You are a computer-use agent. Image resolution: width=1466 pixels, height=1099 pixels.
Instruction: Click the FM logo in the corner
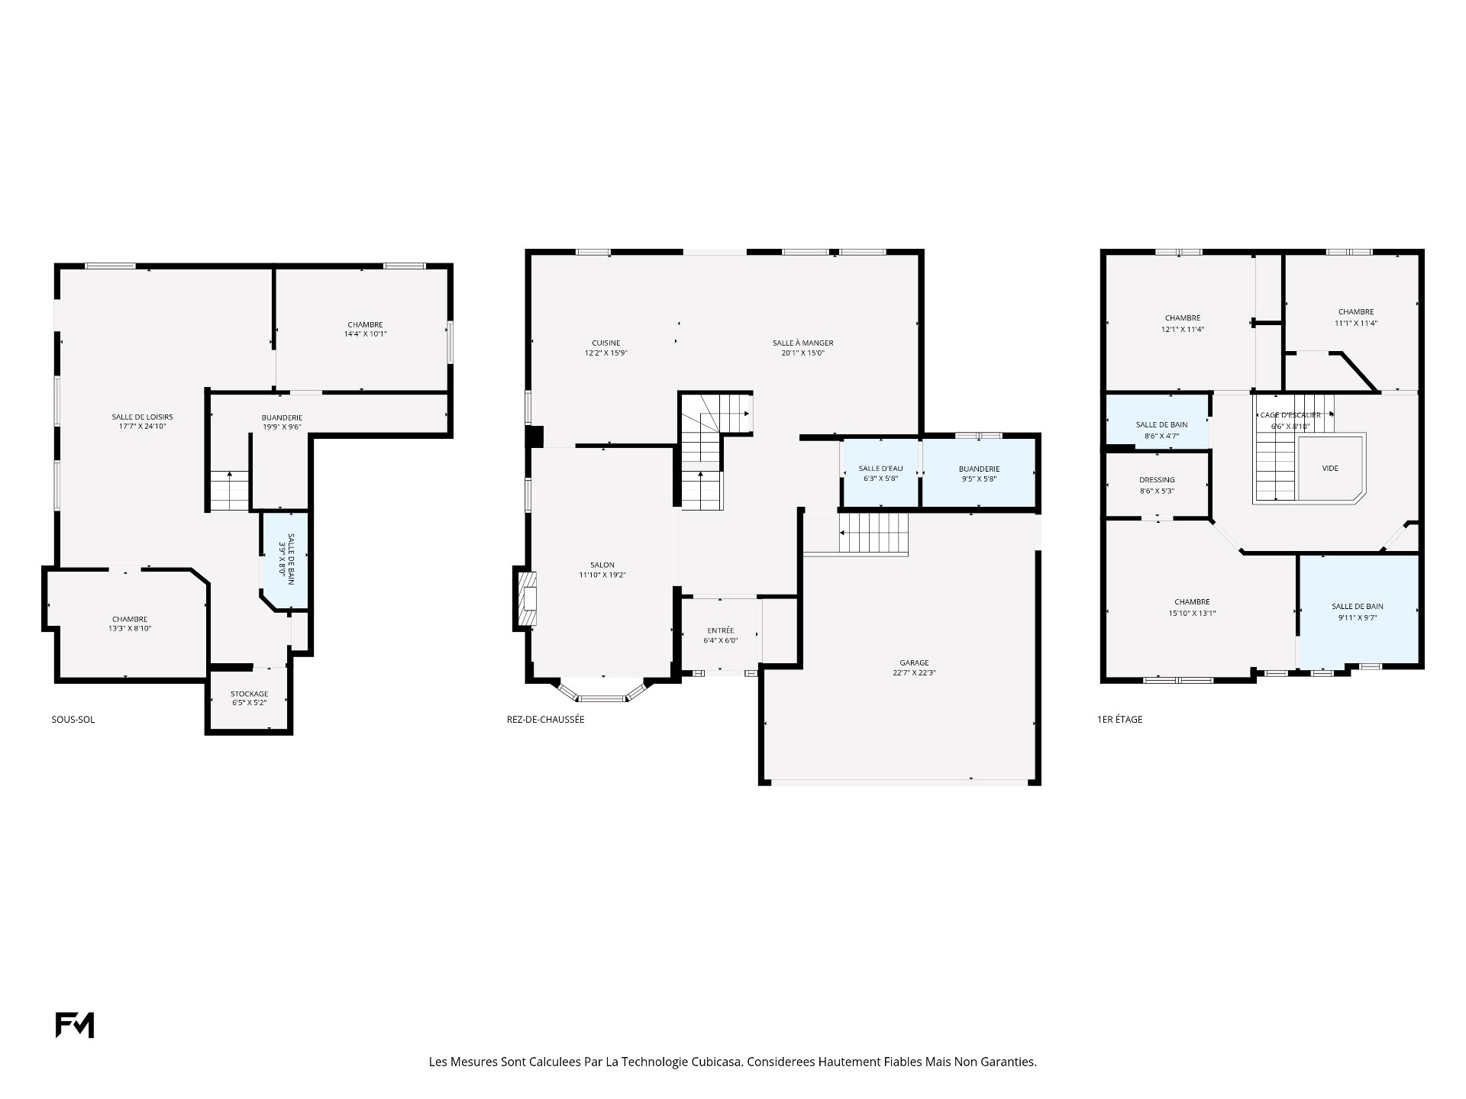click(75, 1025)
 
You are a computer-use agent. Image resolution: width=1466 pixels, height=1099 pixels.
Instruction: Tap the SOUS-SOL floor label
click(73, 719)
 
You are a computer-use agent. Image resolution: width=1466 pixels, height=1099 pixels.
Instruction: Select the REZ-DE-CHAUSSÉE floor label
click(546, 719)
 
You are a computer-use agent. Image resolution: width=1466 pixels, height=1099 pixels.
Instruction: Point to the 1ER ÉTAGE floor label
click(1120, 719)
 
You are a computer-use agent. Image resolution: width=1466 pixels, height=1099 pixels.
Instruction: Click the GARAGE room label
click(914, 662)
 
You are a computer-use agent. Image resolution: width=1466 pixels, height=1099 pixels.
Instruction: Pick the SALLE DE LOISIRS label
click(143, 417)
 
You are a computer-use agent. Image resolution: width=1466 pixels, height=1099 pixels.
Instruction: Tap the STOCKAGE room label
click(250, 694)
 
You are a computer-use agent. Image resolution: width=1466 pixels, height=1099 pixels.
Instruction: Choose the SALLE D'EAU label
click(880, 469)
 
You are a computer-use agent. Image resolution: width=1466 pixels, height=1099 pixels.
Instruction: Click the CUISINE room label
click(606, 343)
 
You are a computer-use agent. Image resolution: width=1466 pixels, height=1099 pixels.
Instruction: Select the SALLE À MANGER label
click(802, 343)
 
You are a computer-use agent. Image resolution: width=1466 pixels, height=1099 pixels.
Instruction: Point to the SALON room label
click(602, 565)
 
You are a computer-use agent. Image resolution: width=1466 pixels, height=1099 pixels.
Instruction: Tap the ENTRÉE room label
click(721, 630)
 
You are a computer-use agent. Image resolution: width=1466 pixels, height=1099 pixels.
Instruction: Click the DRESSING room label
click(1157, 480)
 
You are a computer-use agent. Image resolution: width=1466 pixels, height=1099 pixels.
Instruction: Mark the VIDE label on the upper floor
click(1330, 469)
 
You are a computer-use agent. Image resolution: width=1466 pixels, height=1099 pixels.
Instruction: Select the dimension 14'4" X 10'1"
click(365, 334)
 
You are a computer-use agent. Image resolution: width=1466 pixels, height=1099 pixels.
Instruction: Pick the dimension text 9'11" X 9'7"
click(1357, 618)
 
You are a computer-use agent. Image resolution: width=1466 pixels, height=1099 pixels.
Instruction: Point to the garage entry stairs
click(874, 532)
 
